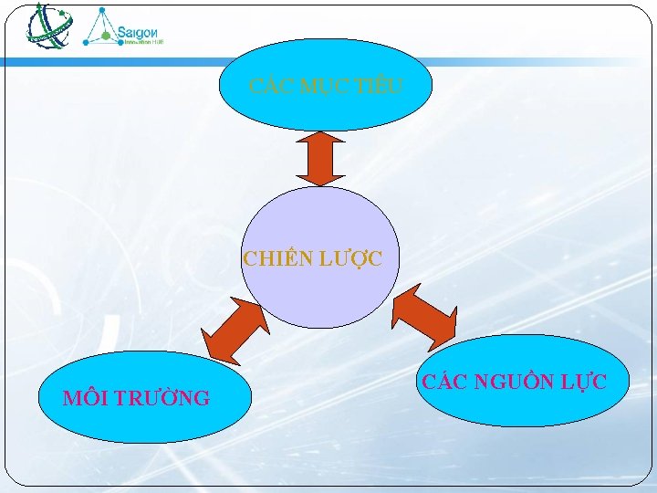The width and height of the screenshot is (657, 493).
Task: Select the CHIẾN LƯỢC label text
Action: [x=313, y=259]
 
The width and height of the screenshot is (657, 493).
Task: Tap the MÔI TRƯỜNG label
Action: [x=136, y=398]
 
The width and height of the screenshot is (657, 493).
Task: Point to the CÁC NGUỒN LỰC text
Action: [x=513, y=382]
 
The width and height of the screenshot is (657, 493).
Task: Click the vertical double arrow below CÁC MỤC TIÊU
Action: [x=320, y=159]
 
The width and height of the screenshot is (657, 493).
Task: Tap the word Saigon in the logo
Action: [x=141, y=27]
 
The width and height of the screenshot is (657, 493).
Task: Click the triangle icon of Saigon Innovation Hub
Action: [x=99, y=28]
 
